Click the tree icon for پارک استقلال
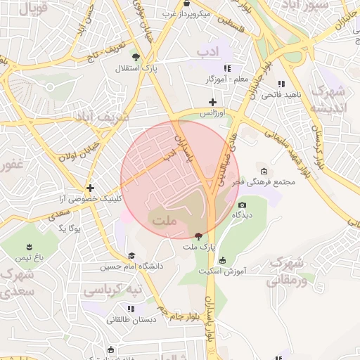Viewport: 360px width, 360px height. click(x=136, y=58)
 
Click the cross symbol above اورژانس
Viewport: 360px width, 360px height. click(x=212, y=103)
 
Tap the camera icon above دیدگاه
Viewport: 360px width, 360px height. click(x=242, y=205)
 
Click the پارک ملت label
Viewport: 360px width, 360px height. click(x=198, y=247)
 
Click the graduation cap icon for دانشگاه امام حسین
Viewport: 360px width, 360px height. click(x=131, y=256)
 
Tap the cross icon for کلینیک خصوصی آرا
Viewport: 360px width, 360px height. click(x=90, y=188)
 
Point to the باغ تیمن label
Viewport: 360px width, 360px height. click(x=30, y=258)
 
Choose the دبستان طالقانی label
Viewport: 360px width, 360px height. click(x=130, y=319)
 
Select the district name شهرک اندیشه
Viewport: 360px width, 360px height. click(x=329, y=99)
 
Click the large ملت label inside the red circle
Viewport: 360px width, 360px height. click(x=164, y=221)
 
